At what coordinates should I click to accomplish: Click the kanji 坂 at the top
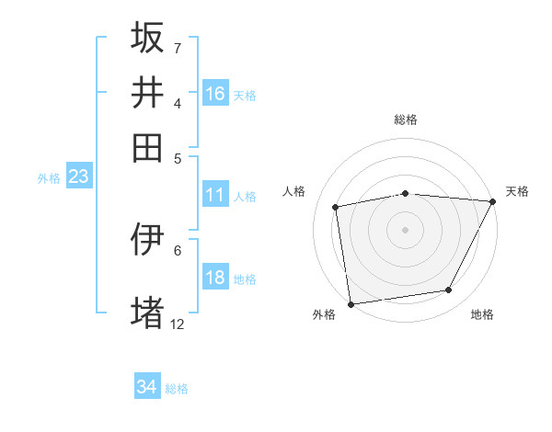[147, 38]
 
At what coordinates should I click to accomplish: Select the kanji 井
[147, 92]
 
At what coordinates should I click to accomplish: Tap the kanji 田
[147, 147]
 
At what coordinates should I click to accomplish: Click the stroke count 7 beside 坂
[177, 47]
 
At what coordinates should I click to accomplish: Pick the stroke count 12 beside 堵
[178, 324]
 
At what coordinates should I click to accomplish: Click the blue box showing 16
[215, 94]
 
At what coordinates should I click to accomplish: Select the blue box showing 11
[215, 195]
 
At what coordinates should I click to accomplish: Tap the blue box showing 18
[215, 278]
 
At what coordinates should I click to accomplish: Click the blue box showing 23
[78, 176]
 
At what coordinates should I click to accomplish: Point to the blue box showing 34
[147, 387]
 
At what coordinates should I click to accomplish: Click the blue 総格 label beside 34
[177, 389]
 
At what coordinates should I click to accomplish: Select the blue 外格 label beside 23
[49, 178]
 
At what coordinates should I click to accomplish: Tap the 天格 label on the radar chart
[517, 191]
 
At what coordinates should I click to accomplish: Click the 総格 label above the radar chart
[406, 119]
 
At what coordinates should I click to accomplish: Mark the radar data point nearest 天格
[493, 201]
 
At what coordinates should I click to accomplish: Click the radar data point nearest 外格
[351, 303]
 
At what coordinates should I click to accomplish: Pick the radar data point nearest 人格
[337, 207]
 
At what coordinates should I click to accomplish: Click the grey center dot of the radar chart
[405, 229]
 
